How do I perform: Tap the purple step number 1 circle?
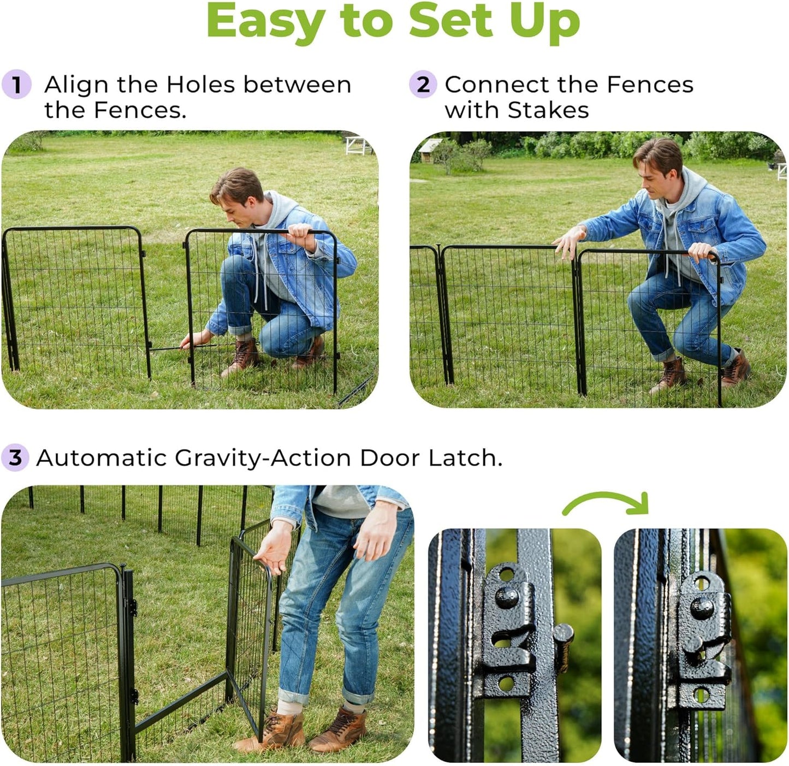(x=16, y=85)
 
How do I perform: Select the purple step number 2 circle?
(x=423, y=85)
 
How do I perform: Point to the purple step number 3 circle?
(x=15, y=458)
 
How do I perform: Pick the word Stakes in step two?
(x=548, y=110)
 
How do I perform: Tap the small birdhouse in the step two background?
(x=430, y=147)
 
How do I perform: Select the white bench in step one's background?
(x=358, y=145)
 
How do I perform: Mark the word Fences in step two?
(x=650, y=85)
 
